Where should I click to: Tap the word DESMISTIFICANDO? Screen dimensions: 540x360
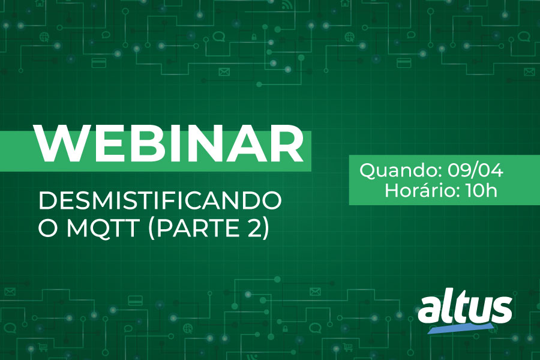pyautogui.click(x=160, y=200)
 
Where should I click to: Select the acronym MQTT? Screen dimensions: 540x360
pyautogui.click(x=103, y=228)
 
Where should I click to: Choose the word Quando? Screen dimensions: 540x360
pyautogui.click(x=399, y=171)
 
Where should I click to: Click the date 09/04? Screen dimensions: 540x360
pyautogui.click(x=475, y=170)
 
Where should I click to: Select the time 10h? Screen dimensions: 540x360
pyautogui.click(x=481, y=190)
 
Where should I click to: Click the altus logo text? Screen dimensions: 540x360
pyautogui.click(x=465, y=308)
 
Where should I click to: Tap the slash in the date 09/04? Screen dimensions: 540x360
pyautogui.click(x=476, y=170)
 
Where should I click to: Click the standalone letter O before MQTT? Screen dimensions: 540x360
pyautogui.click(x=47, y=228)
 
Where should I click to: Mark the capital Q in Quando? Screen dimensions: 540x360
pyautogui.click(x=368, y=171)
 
